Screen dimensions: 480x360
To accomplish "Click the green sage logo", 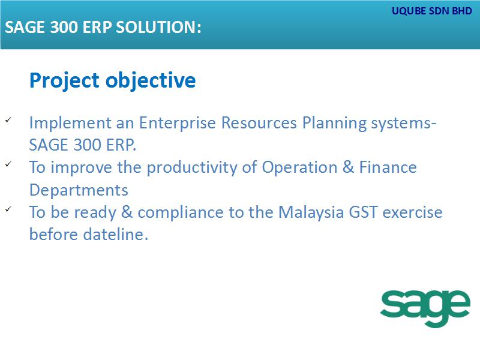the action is tap(425, 308).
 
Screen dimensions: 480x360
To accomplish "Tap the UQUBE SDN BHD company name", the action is tap(432, 11).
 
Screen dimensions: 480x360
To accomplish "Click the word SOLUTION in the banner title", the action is tap(158, 27).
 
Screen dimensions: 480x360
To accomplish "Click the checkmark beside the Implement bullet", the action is tap(8, 119).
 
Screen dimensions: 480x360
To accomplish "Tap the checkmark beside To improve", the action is tap(8, 164).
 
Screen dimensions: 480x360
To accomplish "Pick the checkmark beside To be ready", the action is tap(8, 209).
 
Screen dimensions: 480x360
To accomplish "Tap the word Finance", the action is tap(388, 167).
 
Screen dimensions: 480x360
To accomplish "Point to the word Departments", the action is tap(79, 190).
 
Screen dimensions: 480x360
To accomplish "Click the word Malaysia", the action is tap(311, 213).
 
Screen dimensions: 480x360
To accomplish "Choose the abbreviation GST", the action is tap(363, 212).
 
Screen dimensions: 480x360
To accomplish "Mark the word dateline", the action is tap(116, 235).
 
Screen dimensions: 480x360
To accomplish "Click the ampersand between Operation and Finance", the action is tap(349, 167).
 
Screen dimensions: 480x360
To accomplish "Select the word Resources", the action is tap(259, 123).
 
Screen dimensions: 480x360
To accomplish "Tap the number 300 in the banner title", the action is tap(64, 27).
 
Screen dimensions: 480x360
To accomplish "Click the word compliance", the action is tap(181, 213).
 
